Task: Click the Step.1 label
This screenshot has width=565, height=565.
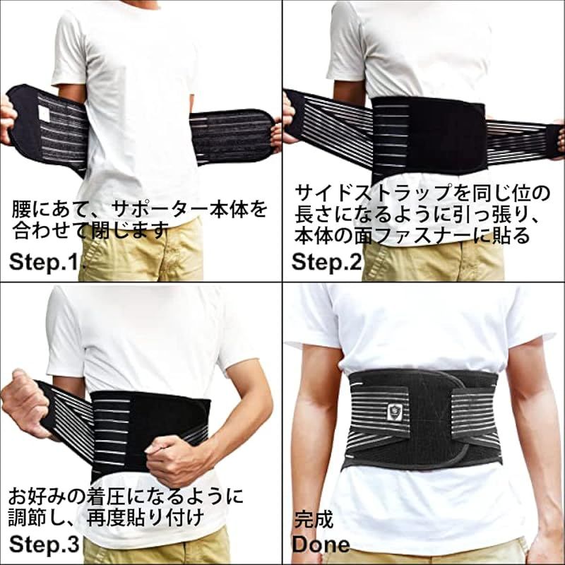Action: click(47, 262)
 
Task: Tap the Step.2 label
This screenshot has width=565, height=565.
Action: click(326, 262)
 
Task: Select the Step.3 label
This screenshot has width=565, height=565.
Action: click(44, 544)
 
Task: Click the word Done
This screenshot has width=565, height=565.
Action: click(321, 544)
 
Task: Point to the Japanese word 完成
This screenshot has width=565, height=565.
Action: click(314, 520)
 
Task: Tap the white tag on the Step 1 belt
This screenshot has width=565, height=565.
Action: click(44, 114)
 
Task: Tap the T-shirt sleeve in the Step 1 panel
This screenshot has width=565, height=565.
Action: click(69, 50)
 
